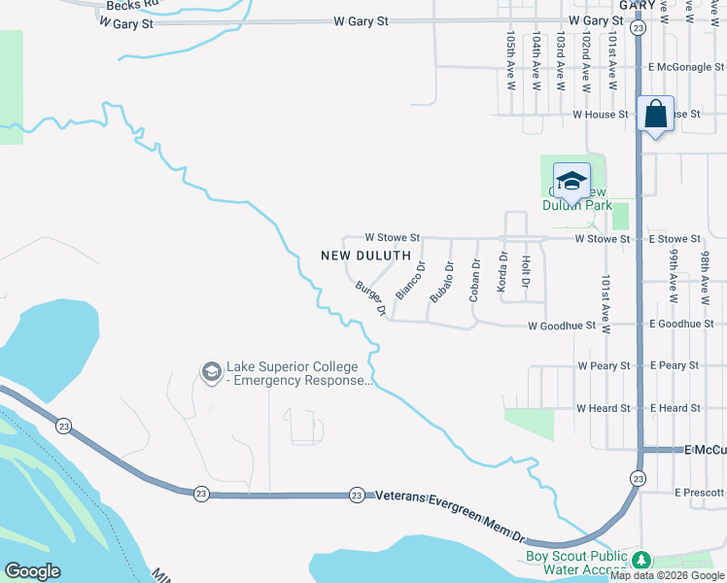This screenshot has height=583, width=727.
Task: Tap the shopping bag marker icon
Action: coord(656,115)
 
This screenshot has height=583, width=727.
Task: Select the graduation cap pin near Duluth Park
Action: coord(571,181)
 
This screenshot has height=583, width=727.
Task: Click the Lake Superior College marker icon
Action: coord(211,372)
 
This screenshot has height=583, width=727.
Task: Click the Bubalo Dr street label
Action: coord(442,282)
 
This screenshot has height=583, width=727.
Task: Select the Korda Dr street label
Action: coord(502,271)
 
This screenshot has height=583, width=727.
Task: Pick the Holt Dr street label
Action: coord(525,272)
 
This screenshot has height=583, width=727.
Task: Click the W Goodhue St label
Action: coord(562,325)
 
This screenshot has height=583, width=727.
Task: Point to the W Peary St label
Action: coord(604,366)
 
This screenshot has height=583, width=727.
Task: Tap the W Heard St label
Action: coord(603,408)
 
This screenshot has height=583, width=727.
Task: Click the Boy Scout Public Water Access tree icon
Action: coord(640,560)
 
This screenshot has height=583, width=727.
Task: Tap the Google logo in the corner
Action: coord(32,571)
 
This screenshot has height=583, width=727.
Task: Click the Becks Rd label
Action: coord(124,6)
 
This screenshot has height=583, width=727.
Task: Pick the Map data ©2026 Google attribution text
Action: coord(668,576)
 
